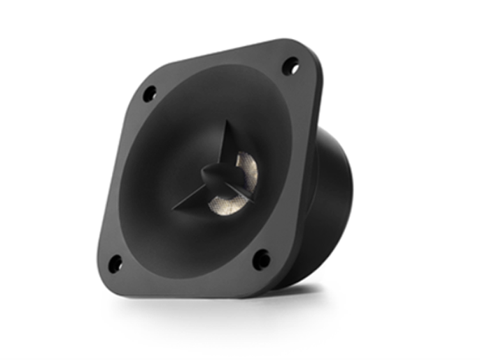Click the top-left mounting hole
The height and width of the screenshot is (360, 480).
click(x=148, y=94)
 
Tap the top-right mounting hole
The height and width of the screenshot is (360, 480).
click(x=290, y=65)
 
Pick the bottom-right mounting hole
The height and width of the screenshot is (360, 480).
click(x=261, y=259)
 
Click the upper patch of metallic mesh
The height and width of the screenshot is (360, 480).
click(x=244, y=164)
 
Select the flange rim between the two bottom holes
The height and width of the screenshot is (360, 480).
click(x=186, y=281)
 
